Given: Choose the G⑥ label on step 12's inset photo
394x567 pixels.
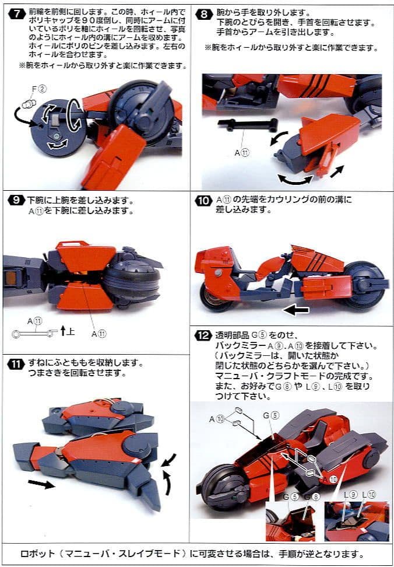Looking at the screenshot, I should [315, 497].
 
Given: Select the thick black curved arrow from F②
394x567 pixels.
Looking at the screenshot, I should [28, 114].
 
